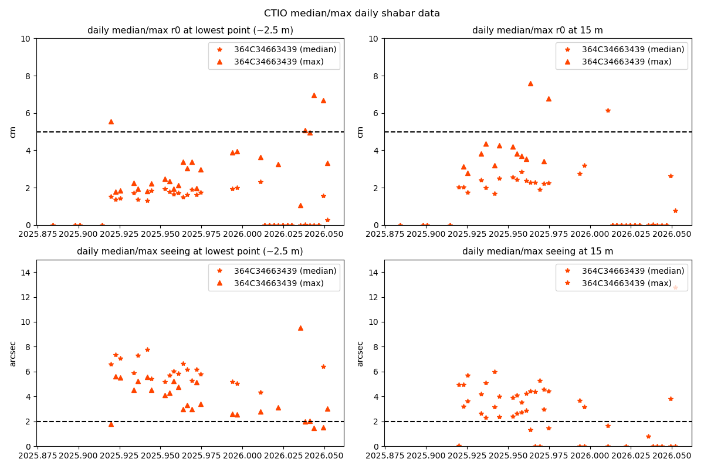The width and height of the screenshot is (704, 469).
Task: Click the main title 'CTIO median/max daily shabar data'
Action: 351,13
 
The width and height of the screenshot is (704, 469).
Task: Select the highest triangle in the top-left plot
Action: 314,95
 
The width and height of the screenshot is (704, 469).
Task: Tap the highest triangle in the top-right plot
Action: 530,83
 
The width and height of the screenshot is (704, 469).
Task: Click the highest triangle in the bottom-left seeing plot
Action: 300,328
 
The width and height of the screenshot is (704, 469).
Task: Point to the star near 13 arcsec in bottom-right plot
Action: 675,287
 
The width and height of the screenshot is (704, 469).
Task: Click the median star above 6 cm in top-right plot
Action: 608,110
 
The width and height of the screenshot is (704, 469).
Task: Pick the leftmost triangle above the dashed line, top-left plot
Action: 111,121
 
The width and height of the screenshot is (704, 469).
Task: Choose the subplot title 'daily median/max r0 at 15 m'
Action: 537,30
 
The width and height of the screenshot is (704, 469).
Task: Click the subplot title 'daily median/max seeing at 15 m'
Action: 537,252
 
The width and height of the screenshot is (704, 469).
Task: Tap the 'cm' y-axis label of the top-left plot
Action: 13,132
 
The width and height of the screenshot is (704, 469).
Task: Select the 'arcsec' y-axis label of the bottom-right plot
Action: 360,354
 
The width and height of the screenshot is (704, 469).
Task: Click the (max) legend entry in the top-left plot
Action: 285,62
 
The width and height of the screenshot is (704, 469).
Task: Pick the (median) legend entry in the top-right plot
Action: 633,49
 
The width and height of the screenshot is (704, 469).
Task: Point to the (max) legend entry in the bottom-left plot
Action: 285,283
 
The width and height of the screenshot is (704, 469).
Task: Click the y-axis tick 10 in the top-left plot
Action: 27,39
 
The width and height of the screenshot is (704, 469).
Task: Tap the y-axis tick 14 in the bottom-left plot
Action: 27,272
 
